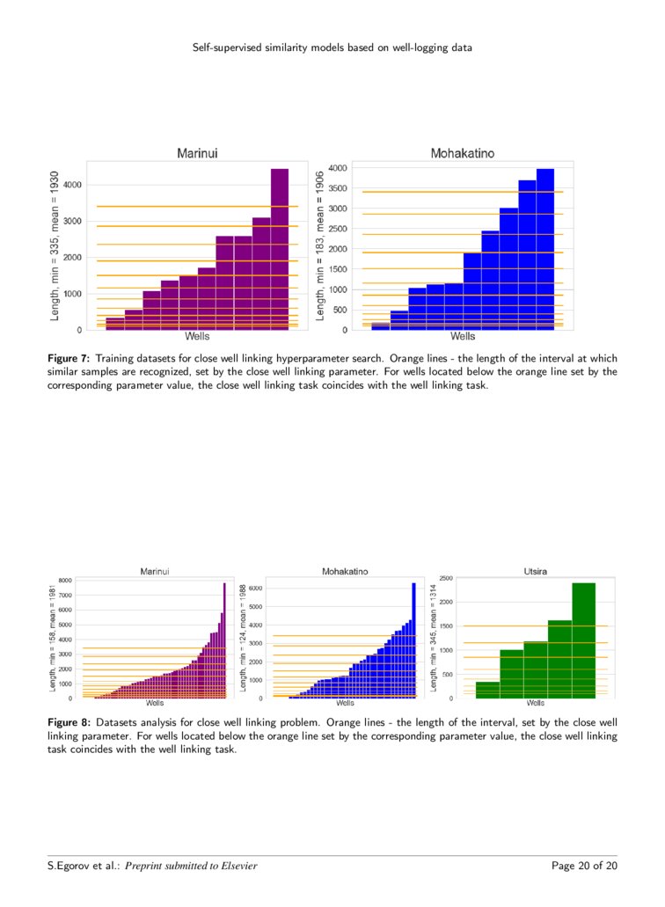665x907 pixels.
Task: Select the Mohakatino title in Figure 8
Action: click(345, 572)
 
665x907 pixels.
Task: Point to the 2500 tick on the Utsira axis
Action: click(446, 578)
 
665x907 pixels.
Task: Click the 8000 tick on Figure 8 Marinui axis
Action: click(66, 581)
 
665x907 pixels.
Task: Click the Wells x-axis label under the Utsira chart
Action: click(535, 704)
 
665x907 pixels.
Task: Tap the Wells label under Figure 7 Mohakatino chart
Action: click(462, 336)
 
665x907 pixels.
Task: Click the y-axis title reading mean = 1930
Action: click(55, 245)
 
